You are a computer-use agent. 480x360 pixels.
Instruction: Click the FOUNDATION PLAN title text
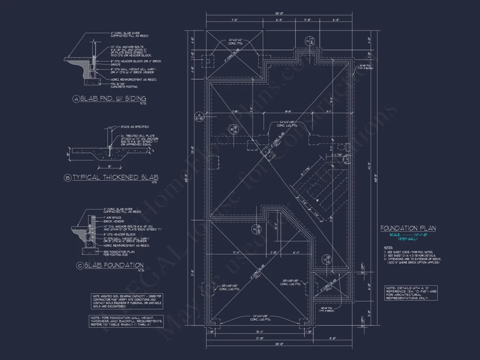tap(408, 228)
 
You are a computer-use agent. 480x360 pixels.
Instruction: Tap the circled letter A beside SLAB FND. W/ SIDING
tap(77, 99)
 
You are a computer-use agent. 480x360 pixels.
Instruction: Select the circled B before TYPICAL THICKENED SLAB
tap(67, 178)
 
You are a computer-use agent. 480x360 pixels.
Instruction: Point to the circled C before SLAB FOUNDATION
tap(79, 265)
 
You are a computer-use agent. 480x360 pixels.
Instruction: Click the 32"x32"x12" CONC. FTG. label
tap(238, 43)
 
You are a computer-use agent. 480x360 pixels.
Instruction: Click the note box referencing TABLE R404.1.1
tap(127, 321)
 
